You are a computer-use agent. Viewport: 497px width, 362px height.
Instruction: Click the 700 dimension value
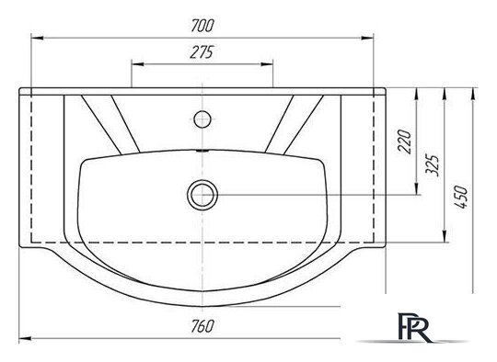coord(202,26)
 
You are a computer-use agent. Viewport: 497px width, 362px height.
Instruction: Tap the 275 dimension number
coord(202,52)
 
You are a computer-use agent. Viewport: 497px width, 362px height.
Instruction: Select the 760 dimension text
coord(202,326)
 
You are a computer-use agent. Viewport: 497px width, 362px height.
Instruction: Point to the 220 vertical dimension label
coord(404,141)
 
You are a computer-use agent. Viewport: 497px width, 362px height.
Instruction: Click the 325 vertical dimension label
coord(432,165)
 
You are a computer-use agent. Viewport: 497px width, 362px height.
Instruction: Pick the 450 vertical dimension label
coord(460,197)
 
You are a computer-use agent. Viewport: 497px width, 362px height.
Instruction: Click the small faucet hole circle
coord(202,119)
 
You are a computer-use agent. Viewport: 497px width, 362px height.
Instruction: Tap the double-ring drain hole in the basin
coord(202,195)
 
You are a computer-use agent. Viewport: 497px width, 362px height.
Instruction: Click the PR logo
coord(413,327)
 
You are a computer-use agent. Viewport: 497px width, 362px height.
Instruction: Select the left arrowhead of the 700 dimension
coord(37,38)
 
